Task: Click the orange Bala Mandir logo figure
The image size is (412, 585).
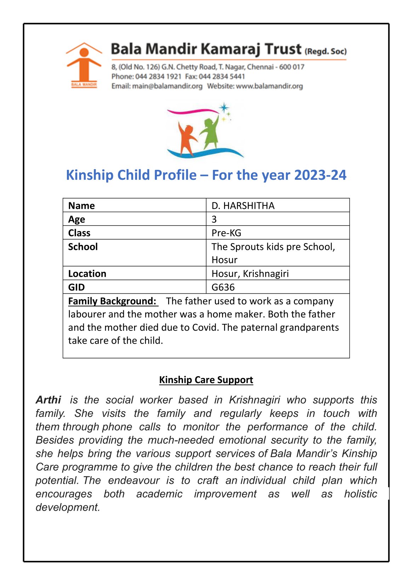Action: click(84, 65)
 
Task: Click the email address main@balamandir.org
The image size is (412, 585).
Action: click(167, 86)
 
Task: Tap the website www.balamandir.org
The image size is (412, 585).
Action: click(269, 86)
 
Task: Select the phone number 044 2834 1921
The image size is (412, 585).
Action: click(158, 76)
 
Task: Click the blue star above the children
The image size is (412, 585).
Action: click(224, 108)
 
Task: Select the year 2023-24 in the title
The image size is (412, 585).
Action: click(320, 175)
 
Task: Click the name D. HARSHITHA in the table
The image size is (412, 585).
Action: click(243, 206)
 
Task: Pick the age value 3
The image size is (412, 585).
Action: click(214, 219)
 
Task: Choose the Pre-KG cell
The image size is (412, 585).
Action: click(226, 233)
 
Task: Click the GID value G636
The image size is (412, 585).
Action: click(223, 287)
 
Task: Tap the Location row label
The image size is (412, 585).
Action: click(87, 274)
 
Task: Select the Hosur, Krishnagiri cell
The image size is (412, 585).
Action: click(250, 274)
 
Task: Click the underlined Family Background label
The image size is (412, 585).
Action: click(112, 301)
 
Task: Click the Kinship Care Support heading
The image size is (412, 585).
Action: click(206, 380)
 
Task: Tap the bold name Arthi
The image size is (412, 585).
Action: click(48, 400)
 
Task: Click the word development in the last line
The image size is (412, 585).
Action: click(68, 507)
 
